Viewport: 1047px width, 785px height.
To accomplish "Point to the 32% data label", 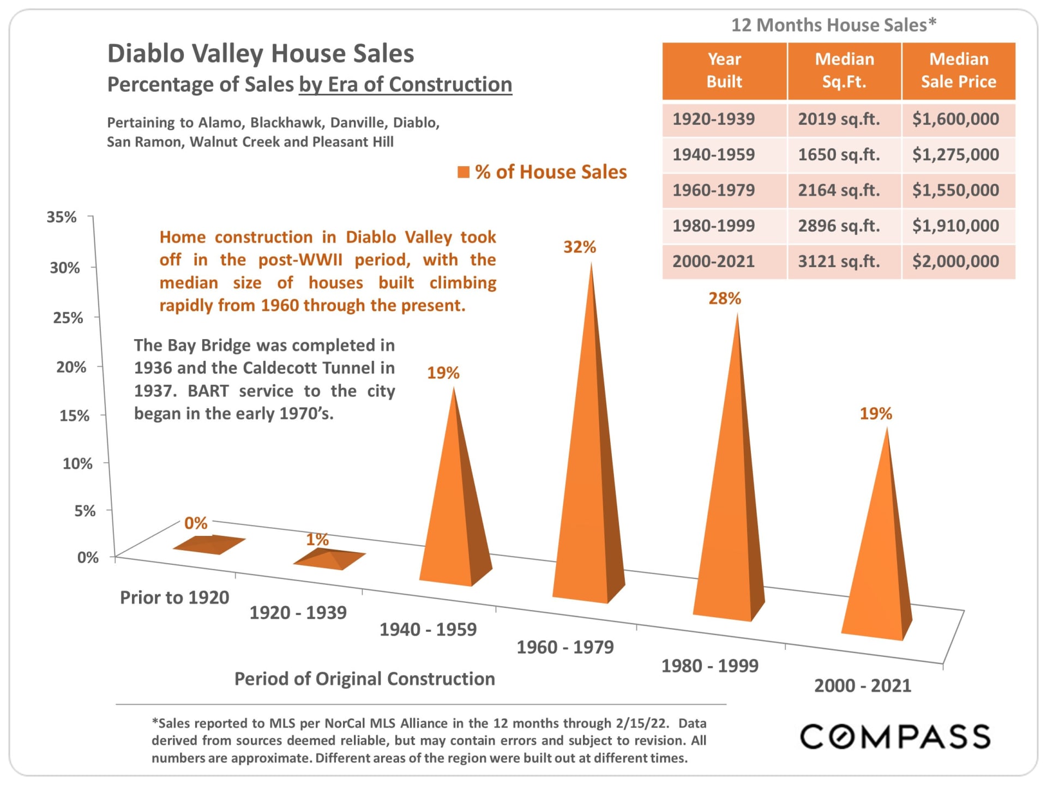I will tap(579, 247).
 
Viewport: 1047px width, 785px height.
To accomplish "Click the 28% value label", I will tap(724, 298).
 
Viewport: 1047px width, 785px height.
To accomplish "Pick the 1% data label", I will tap(317, 539).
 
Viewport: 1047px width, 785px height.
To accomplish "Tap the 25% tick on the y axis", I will tap(68, 317).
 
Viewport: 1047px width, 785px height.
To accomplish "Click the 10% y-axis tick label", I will tap(77, 463).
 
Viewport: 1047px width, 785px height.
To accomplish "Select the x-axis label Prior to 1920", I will tap(174, 597).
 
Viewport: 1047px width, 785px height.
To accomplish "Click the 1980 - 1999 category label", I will tap(709, 666).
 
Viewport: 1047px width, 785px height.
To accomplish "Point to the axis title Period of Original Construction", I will tap(364, 679).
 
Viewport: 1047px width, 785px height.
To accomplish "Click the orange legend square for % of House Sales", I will tap(463, 172).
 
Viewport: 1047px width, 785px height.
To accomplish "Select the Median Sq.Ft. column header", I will tap(844, 70).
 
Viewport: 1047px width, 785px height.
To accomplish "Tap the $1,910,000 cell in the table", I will tap(955, 226).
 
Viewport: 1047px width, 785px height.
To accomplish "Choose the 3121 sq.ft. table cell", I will tap(839, 262).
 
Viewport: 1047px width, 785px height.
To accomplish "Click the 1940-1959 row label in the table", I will tap(713, 155).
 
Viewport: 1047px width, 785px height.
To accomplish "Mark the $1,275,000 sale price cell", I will tap(955, 155).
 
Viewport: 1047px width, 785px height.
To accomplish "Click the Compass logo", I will tap(894, 737).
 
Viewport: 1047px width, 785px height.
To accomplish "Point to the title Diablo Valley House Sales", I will tap(261, 53).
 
